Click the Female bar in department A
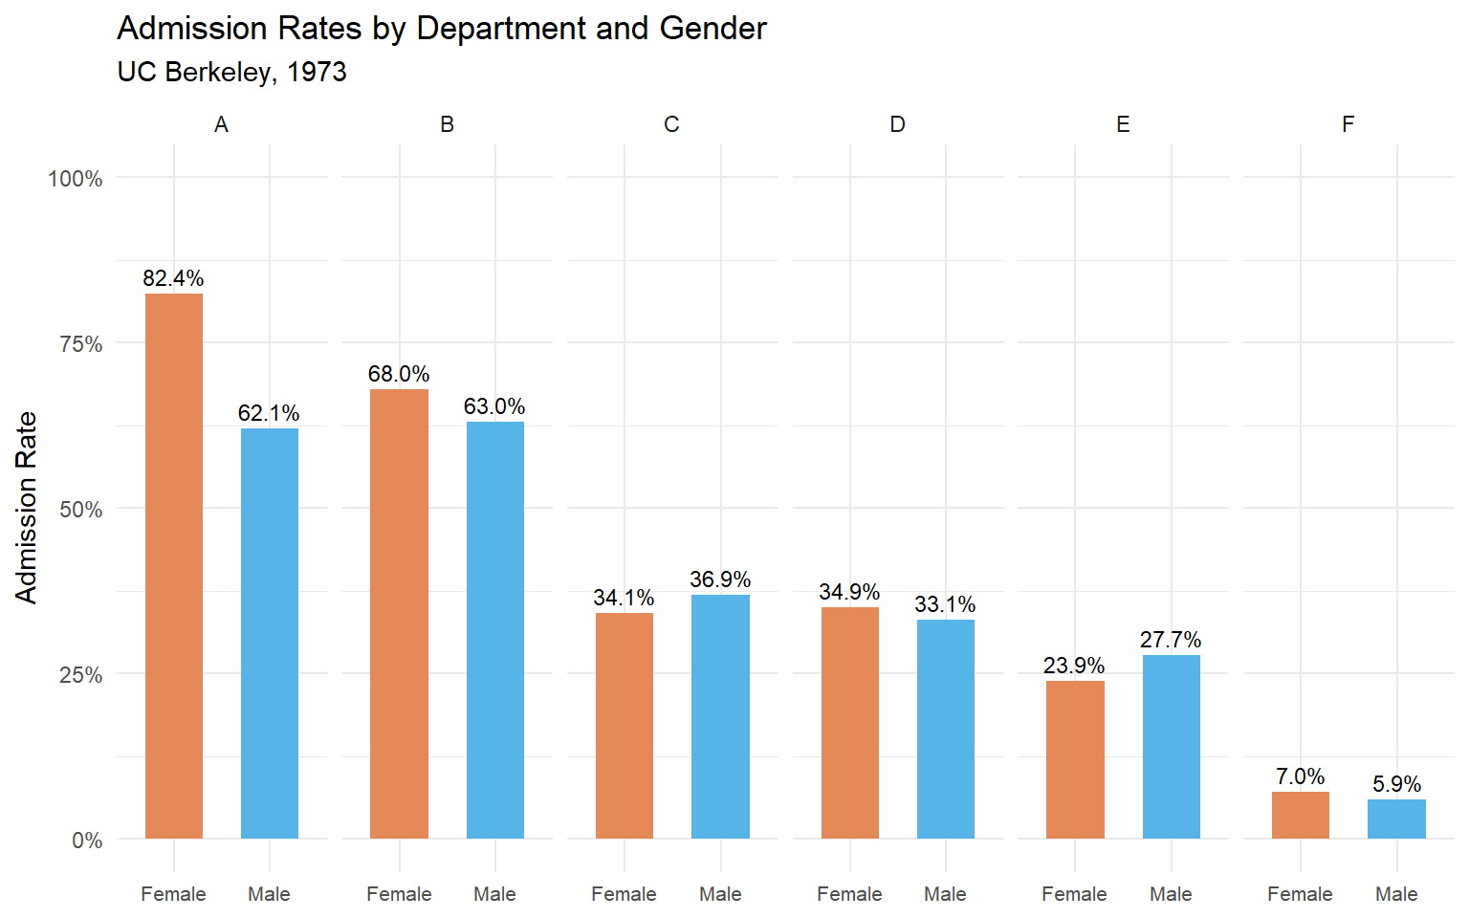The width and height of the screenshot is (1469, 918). coord(173,566)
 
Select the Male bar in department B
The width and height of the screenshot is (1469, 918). coord(494,630)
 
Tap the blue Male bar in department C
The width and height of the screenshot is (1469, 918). coord(720,716)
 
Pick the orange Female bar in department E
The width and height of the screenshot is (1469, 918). coord(1075,759)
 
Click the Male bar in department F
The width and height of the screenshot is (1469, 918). coord(1396,820)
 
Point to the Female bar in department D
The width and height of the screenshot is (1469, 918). coord(849,723)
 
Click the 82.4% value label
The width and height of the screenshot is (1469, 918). coord(173,278)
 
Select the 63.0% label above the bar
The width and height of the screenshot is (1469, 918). coord(494,406)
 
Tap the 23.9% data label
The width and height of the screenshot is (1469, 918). coord(1074,666)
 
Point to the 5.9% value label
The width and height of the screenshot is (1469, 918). coord(1396,784)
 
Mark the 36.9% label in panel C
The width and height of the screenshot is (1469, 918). coord(720,579)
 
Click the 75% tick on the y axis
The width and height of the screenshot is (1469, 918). coord(81,344)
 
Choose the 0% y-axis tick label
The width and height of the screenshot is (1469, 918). coord(87,841)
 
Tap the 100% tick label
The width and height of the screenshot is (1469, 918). coord(76,179)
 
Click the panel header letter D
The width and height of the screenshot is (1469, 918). coord(897,124)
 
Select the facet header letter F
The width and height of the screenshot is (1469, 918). coord(1348,124)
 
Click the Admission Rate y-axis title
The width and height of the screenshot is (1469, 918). coord(27,507)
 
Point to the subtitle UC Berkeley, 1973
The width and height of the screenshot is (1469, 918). coord(231,73)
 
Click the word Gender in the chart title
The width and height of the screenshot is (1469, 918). coord(713,29)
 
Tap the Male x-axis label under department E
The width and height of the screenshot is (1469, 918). coord(1171,894)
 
